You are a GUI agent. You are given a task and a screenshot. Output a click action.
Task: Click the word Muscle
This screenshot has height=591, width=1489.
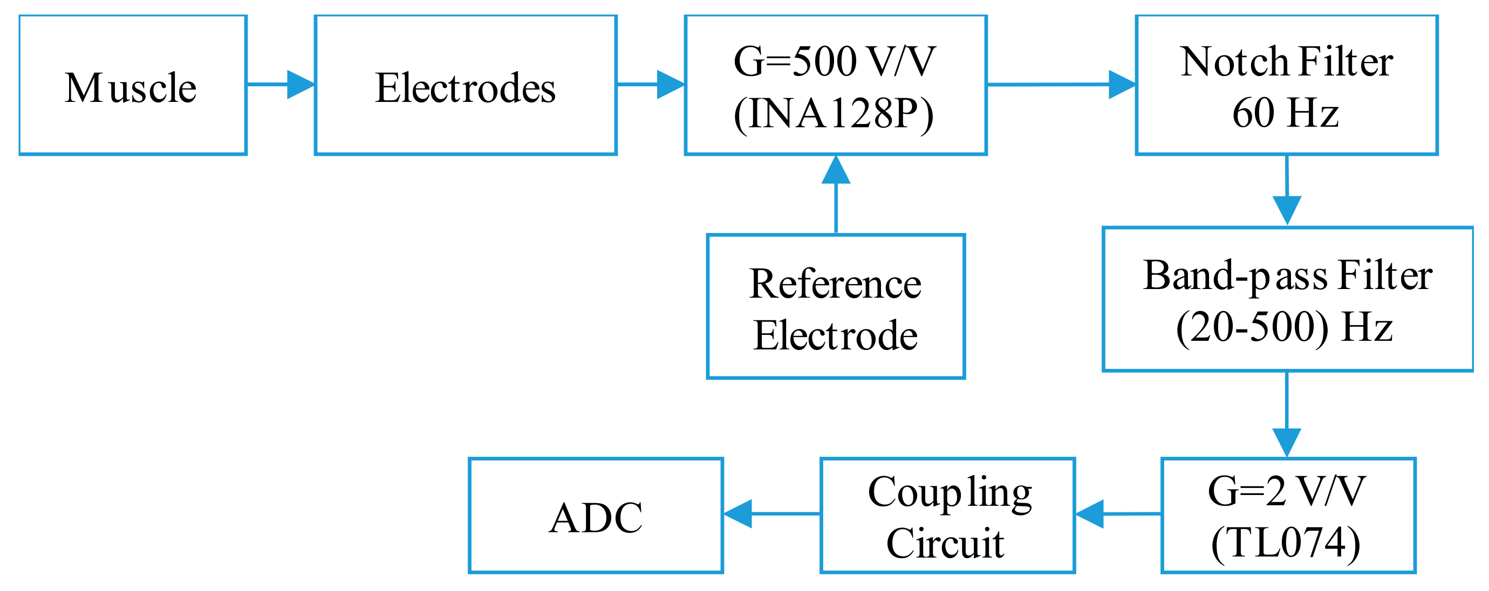point(131,88)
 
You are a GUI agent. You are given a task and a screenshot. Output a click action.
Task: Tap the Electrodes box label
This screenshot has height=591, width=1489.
point(465,88)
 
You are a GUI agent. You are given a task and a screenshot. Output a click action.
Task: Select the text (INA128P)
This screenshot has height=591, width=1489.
point(834,114)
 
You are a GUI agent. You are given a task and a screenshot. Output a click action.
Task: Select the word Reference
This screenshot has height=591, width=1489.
point(835,284)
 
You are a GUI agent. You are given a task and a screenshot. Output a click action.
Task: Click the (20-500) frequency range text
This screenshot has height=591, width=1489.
point(1252,327)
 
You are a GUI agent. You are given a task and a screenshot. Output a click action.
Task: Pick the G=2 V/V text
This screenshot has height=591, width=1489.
point(1287,491)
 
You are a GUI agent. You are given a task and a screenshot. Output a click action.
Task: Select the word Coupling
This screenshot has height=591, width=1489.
point(950,493)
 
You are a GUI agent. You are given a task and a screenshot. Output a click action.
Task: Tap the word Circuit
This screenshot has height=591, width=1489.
point(946,543)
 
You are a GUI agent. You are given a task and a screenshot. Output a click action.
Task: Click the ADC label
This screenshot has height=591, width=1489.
point(596,518)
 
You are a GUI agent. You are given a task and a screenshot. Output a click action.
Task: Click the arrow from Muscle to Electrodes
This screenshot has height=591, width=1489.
point(281,84)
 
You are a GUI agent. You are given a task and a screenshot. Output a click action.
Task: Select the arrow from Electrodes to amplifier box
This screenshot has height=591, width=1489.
point(651,84)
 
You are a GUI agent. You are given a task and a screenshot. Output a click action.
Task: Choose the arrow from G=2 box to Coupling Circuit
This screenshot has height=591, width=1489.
point(1118,513)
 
